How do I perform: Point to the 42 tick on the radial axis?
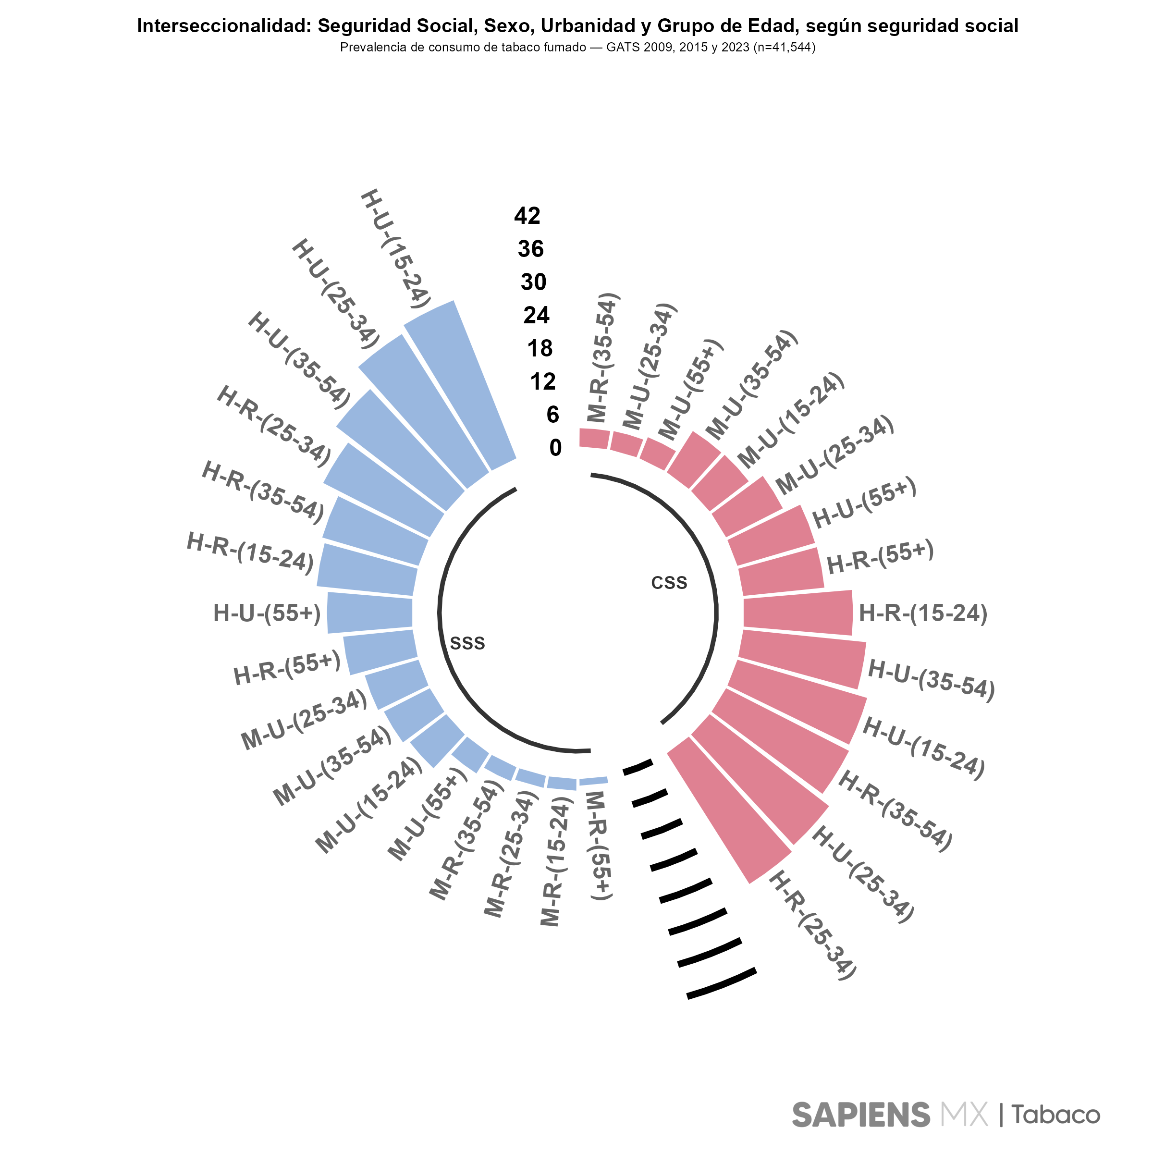click(x=527, y=215)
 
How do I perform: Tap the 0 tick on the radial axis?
click(x=555, y=448)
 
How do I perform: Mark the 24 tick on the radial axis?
click(x=536, y=315)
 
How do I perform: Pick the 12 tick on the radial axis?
click(x=542, y=381)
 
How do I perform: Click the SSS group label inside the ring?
click(x=467, y=643)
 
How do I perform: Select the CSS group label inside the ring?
click(x=669, y=583)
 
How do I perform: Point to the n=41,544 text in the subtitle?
click(x=784, y=48)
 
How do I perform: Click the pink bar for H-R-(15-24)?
click(x=797, y=613)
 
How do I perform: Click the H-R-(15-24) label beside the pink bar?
click(x=922, y=613)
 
